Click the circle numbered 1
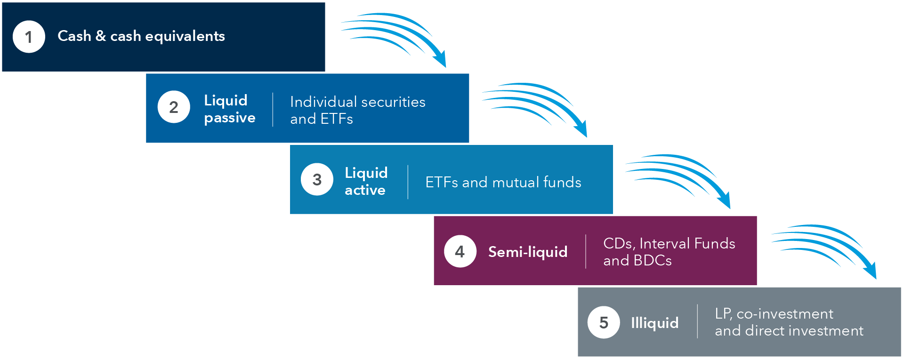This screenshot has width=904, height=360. pyautogui.click(x=29, y=37)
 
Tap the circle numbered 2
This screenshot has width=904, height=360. pyautogui.click(x=174, y=107)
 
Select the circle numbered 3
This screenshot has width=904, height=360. pyautogui.click(x=317, y=179)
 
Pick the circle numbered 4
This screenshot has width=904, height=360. pyautogui.click(x=460, y=251)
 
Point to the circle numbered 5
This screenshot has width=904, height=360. pyautogui.click(x=604, y=322)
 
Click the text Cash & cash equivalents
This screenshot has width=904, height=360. pyautogui.click(x=141, y=36)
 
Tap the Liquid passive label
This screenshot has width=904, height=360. pyautogui.click(x=229, y=109)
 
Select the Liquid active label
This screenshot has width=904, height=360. pyautogui.click(x=366, y=181)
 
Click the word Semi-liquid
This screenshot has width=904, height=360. pyautogui.click(x=527, y=252)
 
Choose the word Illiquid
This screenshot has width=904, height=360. pyautogui.click(x=654, y=323)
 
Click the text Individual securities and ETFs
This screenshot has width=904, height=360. pyautogui.click(x=357, y=110)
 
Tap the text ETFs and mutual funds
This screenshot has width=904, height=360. pyautogui.click(x=503, y=182)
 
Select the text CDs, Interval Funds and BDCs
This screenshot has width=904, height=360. pyautogui.click(x=669, y=252)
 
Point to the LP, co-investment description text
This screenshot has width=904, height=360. pyautogui.click(x=789, y=322)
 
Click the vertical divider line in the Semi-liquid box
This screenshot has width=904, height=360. pyautogui.click(x=586, y=252)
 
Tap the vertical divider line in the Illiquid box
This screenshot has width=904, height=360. pyautogui.click(x=697, y=321)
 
